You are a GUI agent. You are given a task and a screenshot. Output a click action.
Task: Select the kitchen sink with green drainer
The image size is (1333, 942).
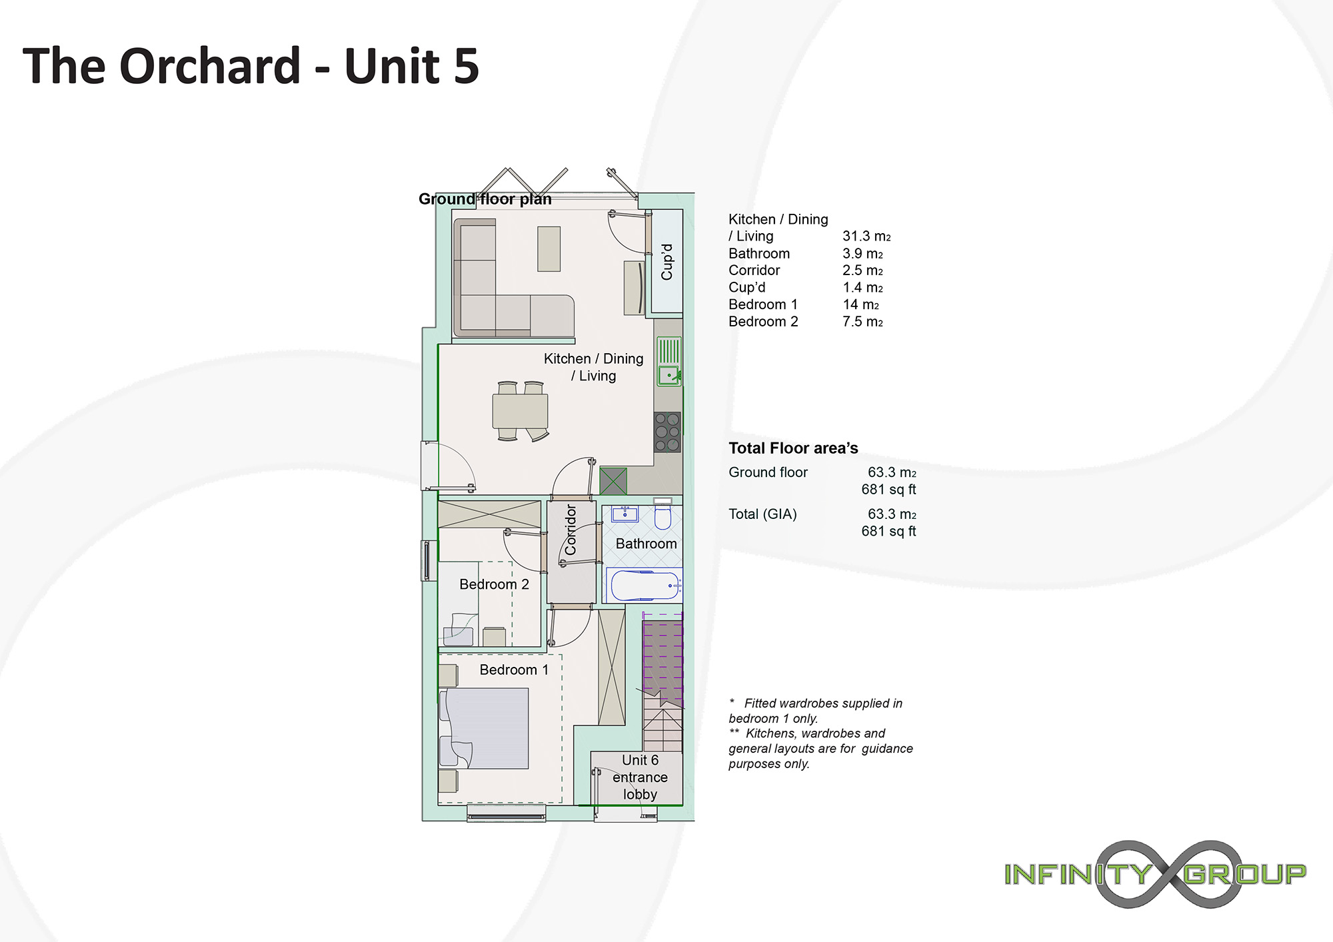669,361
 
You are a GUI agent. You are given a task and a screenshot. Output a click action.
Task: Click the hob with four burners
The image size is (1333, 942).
667,432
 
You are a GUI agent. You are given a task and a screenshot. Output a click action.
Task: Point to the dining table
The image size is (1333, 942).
520,411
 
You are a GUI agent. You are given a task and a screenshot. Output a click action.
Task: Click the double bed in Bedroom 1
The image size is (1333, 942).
484,728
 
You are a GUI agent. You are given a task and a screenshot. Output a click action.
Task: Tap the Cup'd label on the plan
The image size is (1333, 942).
667,261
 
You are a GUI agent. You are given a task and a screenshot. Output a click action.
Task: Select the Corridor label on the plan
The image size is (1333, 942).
571,530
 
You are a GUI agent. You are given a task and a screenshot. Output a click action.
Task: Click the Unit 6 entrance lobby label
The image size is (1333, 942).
640,777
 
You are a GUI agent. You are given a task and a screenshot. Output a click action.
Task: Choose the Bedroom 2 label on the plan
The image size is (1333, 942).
494,584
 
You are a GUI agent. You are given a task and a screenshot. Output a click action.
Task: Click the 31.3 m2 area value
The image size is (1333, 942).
866,236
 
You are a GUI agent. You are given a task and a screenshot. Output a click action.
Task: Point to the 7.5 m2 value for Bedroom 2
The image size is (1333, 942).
862,322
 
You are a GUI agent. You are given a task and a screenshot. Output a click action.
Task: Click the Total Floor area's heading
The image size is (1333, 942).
793,448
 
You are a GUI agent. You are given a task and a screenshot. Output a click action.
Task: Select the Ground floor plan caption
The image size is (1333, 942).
485,199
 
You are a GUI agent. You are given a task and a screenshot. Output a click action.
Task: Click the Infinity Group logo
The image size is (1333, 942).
1155,874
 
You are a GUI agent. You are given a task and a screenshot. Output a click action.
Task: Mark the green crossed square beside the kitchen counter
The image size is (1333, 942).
613,481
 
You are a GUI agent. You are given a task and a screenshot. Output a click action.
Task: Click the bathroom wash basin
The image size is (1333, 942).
625,514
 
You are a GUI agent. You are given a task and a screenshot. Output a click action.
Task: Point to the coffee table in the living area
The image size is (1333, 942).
549,249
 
